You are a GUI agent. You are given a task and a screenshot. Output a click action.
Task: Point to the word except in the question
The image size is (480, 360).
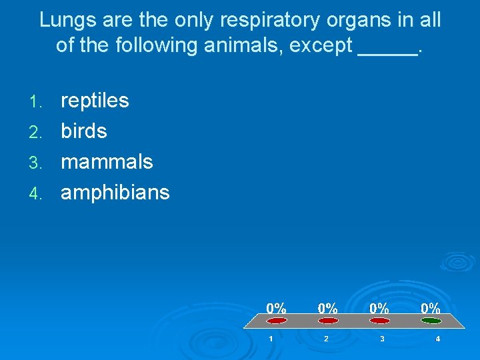(321, 45)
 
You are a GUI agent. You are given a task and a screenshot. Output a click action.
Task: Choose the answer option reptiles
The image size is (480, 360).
(95, 101)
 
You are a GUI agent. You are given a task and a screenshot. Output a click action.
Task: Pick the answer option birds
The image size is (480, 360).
(84, 131)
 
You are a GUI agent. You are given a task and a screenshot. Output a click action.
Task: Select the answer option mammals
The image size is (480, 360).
(107, 162)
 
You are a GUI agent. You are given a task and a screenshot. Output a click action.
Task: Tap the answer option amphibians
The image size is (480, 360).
(115, 193)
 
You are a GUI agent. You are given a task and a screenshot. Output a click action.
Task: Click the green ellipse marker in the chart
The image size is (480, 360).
(431, 321)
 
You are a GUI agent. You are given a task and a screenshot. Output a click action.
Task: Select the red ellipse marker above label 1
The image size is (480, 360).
(277, 321)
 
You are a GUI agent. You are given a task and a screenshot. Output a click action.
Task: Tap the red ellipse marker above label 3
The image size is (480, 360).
(379, 321)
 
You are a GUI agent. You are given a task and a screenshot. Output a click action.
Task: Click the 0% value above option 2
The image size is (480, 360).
(327, 308)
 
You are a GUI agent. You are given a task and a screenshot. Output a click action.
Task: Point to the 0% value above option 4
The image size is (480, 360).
(430, 308)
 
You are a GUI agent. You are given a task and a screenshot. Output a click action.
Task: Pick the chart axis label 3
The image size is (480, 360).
(381, 339)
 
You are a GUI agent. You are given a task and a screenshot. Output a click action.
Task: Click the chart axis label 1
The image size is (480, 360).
(271, 339)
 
